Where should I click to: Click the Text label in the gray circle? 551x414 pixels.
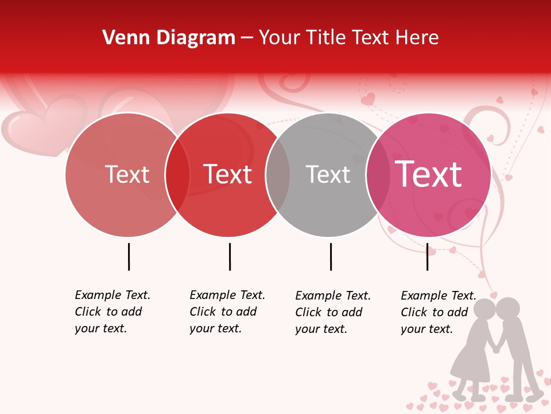coord(328,174)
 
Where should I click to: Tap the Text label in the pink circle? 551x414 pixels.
coord(428,174)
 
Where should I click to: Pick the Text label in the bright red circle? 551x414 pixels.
coord(228,174)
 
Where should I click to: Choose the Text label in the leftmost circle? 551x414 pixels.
coord(127,174)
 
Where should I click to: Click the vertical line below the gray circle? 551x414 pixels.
coord(331,256)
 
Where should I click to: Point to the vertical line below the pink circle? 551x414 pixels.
coord(427,256)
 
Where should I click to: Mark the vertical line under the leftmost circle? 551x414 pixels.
coord(129,256)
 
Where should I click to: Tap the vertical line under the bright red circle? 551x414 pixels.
coord(230,256)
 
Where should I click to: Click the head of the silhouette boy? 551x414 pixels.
coord(507,309)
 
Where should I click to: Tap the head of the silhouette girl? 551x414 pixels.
coord(486,310)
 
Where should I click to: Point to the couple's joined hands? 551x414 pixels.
coord(495,347)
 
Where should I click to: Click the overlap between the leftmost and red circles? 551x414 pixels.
coord(177,174)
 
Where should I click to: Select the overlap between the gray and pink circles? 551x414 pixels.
coord(378,174)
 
